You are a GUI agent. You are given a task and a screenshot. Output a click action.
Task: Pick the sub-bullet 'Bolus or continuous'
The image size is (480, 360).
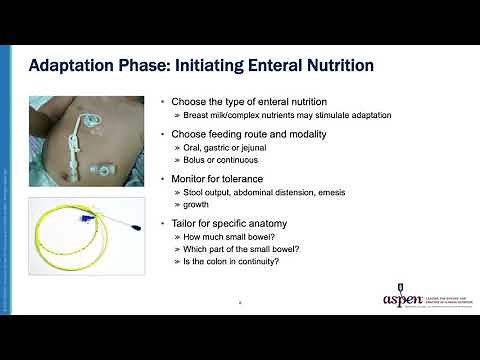click(215, 160)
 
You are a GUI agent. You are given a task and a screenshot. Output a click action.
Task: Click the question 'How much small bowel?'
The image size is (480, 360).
click(222, 236)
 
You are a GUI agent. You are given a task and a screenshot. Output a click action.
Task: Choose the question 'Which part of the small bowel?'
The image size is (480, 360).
click(236, 249)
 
